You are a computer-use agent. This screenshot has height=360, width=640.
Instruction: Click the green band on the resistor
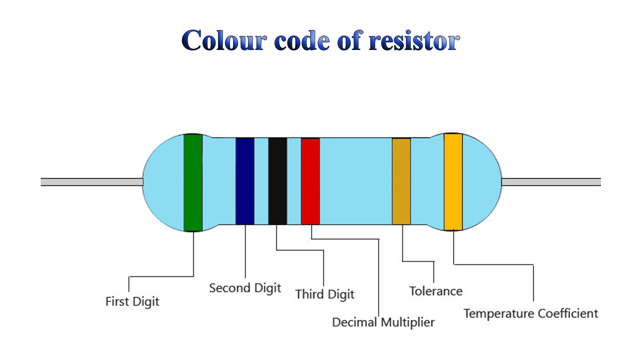tap(193, 183)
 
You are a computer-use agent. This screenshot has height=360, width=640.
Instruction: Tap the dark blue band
tap(245, 181)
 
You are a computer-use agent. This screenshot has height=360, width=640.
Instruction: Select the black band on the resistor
tap(278, 181)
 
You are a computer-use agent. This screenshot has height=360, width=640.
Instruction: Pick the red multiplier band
tap(310, 181)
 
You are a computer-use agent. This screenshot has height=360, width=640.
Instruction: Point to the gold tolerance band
tap(401, 181)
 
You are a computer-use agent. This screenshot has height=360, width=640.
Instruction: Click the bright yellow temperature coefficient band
tap(453, 182)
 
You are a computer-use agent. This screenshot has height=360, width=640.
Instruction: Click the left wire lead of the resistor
tap(91, 182)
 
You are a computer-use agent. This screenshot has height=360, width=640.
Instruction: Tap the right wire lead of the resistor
tap(551, 182)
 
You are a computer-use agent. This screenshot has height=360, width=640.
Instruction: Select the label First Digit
tap(132, 302)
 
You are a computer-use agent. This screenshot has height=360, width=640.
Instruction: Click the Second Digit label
tap(245, 288)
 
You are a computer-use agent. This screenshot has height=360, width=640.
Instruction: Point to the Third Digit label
tap(325, 294)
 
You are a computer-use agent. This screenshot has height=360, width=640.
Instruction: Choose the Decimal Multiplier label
tap(383, 322)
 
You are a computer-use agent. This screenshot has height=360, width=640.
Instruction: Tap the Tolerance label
tap(436, 291)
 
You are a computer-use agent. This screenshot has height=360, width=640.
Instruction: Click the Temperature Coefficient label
tap(530, 314)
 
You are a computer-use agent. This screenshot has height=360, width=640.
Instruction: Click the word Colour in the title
tap(224, 41)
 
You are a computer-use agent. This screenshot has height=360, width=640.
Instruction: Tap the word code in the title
tap(302, 41)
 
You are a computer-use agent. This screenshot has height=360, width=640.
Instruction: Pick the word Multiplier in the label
tap(408, 322)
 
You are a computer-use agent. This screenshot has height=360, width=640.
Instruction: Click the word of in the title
tap(350, 41)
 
